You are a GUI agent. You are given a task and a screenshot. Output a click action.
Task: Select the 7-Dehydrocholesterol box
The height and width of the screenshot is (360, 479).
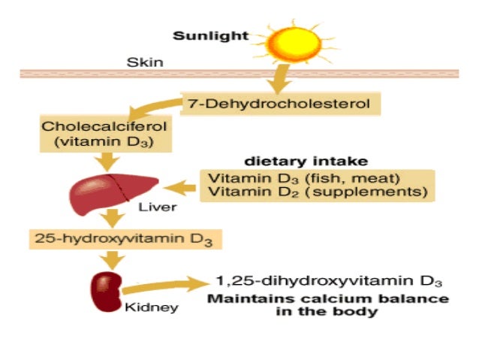click(x=276, y=104)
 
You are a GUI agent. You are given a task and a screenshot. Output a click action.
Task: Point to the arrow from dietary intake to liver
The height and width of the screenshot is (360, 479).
click(x=180, y=186)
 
